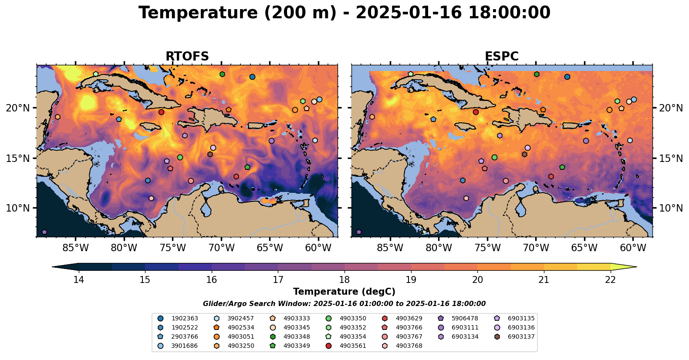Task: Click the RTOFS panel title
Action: [x=187, y=57]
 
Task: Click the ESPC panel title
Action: [x=502, y=57]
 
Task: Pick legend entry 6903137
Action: [x=521, y=337]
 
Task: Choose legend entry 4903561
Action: [x=353, y=346]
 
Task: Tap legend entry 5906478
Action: [x=465, y=319]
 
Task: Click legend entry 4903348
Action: [x=297, y=337]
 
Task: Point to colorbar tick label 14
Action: [x=78, y=279]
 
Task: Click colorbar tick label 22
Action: [x=611, y=279]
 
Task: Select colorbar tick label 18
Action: [x=344, y=279]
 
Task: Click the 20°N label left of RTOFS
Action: [x=18, y=108]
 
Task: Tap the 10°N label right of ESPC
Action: [x=671, y=208]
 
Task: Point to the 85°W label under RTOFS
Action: [x=76, y=248]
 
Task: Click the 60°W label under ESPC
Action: [x=633, y=248]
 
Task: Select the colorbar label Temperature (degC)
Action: [x=344, y=292]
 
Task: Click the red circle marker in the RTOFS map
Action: [x=161, y=112]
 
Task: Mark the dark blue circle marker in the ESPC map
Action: [x=567, y=77]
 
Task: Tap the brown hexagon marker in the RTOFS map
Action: [x=210, y=154]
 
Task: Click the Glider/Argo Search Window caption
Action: [x=344, y=304]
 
